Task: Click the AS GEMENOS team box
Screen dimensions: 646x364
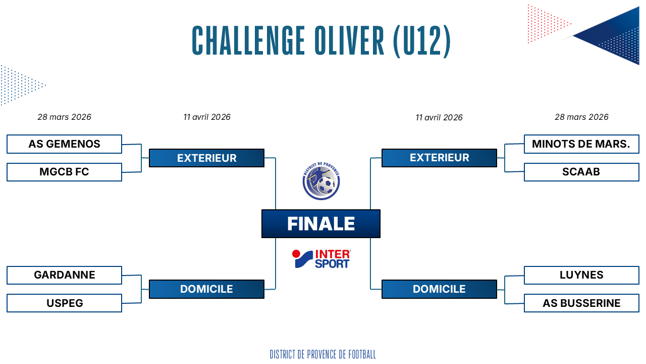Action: tap(64, 144)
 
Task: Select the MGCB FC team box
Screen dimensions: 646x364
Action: tap(64, 172)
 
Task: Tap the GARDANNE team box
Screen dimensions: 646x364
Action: tap(64, 275)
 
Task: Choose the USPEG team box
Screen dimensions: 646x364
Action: tap(64, 303)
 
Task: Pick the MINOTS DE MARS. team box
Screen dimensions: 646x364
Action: tap(581, 144)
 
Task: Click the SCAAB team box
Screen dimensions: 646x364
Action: tap(581, 172)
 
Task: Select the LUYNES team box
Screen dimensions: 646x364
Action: tap(581, 275)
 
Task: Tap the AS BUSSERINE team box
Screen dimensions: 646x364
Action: tap(581, 303)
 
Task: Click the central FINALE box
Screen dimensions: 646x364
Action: tap(320, 223)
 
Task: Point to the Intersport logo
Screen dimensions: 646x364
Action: tap(321, 259)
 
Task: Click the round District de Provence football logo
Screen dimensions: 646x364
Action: tap(321, 181)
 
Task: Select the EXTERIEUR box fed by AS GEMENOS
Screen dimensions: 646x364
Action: tap(206, 158)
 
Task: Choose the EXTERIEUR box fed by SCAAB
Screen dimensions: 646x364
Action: tap(439, 158)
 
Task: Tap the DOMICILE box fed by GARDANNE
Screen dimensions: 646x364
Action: tap(206, 289)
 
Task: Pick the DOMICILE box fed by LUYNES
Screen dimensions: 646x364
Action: tap(439, 289)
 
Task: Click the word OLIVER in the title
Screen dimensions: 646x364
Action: tap(349, 40)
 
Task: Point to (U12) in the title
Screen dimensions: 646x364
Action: tap(421, 41)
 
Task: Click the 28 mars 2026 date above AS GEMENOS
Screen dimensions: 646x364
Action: tap(64, 117)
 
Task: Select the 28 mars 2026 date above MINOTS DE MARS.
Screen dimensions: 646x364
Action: tap(581, 117)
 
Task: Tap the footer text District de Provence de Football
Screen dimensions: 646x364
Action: tap(322, 354)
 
